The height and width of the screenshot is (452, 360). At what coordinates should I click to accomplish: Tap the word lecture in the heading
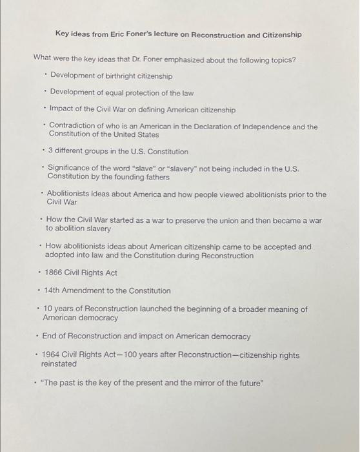(168, 34)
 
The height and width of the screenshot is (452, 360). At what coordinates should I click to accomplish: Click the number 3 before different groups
(50, 152)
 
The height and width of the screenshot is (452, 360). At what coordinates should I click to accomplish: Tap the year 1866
(54, 272)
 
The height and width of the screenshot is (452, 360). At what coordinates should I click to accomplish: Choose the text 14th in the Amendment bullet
(53, 291)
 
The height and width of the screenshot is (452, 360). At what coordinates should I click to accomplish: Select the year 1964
(52, 355)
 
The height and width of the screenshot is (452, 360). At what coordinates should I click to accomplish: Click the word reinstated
(59, 364)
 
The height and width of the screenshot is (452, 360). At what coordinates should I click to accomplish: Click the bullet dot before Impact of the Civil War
(43, 109)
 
